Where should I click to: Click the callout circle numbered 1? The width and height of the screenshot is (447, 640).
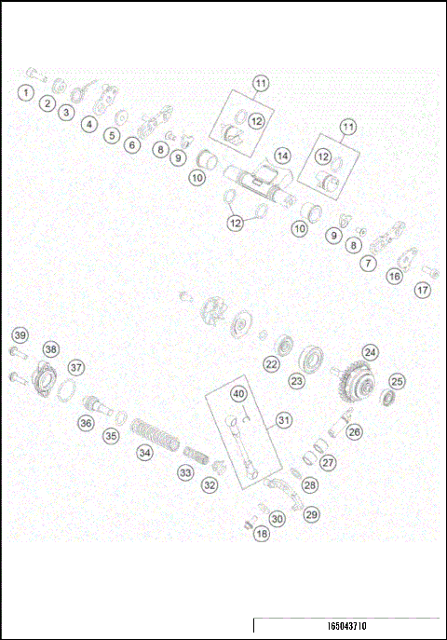(x=26, y=92)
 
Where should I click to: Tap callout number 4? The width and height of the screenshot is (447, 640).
(x=88, y=123)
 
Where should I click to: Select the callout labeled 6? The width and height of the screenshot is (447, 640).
(x=133, y=145)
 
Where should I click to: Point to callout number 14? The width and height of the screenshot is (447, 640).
(x=282, y=155)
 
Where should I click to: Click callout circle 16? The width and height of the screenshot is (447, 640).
(x=395, y=276)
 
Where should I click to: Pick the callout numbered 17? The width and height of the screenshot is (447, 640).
(x=423, y=291)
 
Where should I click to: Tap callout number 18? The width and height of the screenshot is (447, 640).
(x=262, y=534)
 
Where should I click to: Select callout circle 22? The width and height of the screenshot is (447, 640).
(x=271, y=364)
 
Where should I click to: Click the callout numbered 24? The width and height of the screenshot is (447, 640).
(x=371, y=352)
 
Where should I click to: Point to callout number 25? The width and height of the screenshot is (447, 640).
(x=397, y=380)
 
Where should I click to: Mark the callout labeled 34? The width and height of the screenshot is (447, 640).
(x=144, y=453)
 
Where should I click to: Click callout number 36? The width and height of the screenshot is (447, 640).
(x=86, y=423)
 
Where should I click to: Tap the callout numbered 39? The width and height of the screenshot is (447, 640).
(x=19, y=334)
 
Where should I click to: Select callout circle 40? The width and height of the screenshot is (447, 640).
(x=238, y=394)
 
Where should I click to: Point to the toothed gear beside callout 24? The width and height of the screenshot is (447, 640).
(x=357, y=381)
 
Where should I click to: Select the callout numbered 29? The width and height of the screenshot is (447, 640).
(x=311, y=512)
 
